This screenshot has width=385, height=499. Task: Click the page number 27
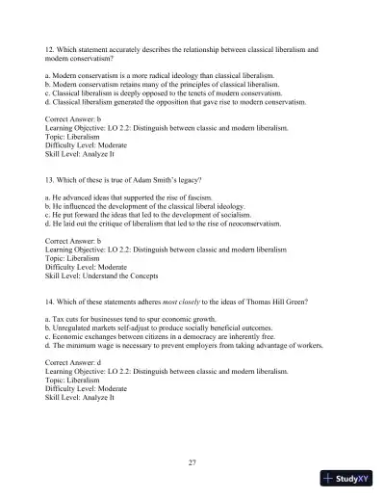pyautogui.click(x=192, y=463)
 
